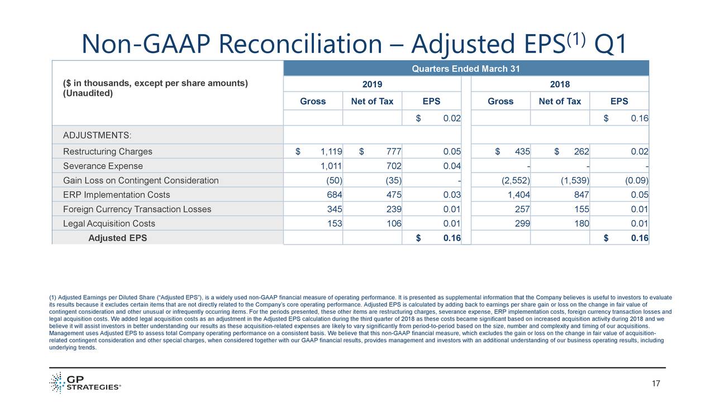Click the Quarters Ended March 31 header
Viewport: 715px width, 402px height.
coord(466,69)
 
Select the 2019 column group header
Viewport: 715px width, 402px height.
coord(372,84)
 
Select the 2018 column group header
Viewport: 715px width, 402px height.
coord(560,84)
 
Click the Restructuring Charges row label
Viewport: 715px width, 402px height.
coord(107,152)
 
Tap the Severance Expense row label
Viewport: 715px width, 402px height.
coord(103,166)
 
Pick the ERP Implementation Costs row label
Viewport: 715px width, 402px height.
coord(116,195)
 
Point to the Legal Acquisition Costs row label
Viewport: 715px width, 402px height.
coord(109,224)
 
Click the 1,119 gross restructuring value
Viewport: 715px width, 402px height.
coord(331,152)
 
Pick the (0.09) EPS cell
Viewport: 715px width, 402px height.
coord(637,180)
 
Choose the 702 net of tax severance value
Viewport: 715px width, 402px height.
coord(393,166)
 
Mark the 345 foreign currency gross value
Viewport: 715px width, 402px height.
coord(335,209)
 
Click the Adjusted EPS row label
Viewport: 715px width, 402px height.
coord(118,238)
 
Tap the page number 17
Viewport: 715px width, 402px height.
coord(656,384)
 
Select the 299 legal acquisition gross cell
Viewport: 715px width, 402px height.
coord(522,224)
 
